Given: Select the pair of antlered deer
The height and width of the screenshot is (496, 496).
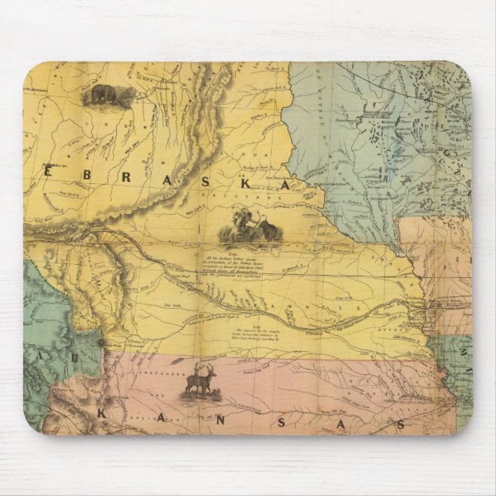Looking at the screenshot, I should [203, 382].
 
